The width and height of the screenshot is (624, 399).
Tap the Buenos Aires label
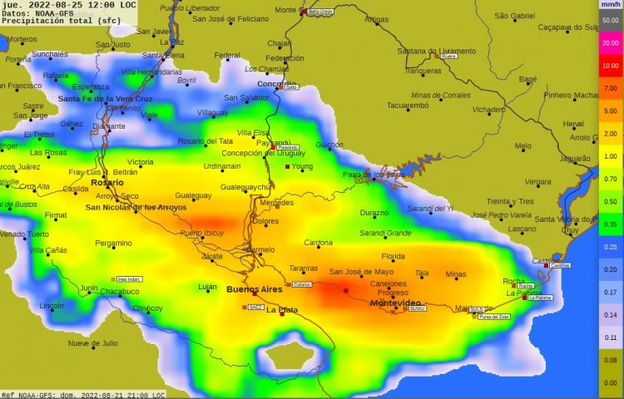tap(255, 288)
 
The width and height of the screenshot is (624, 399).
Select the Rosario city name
tap(106, 182)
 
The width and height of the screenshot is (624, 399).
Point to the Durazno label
tap(374, 213)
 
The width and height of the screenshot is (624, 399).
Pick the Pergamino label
tap(113, 244)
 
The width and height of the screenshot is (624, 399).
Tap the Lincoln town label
tap(51, 306)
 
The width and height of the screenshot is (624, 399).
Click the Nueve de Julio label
tap(93, 342)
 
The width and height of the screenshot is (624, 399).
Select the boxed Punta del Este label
tap(494, 317)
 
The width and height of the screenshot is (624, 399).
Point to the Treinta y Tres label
tap(510, 201)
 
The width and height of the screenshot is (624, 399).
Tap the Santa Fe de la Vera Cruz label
tap(104, 99)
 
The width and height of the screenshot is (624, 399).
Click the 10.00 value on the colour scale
tap(610, 65)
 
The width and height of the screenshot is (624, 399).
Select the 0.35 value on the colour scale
tap(610, 224)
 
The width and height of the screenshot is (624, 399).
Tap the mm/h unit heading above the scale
tap(610, 4)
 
